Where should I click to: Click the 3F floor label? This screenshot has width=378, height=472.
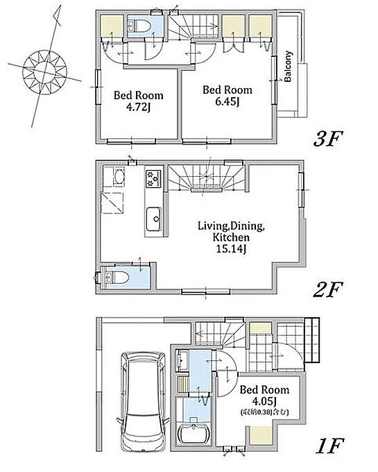click(328, 139)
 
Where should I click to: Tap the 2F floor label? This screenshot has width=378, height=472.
click(328, 289)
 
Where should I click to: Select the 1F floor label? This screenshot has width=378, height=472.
click(329, 446)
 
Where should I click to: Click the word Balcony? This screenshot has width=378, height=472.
click(288, 66)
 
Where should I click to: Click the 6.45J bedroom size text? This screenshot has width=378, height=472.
click(227, 102)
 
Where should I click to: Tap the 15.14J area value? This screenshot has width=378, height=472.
click(232, 249)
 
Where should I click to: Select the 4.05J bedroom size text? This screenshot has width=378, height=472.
click(264, 401)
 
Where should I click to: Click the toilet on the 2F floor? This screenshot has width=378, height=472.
click(118, 277)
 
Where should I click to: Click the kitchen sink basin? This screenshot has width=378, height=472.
click(154, 219)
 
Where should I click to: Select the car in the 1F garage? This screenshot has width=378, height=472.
click(144, 402)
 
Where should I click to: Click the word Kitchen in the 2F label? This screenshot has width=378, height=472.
click(231, 237)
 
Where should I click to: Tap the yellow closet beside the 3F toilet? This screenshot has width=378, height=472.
click(112, 26)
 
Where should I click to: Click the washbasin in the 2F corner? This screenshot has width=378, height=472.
click(119, 177)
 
